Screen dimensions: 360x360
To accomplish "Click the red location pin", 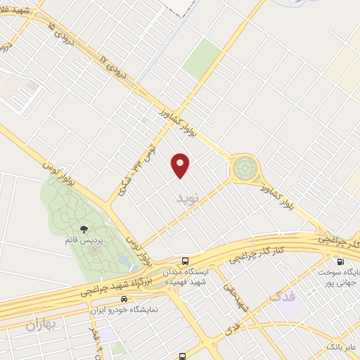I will (x=181, y=165).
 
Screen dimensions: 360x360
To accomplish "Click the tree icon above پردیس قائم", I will (x=84, y=229).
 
